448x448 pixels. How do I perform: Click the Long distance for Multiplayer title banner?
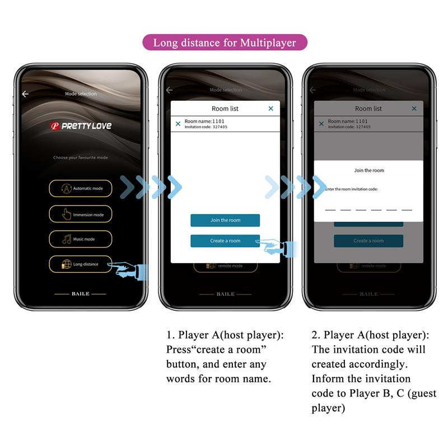pyautogui.click(x=225, y=43)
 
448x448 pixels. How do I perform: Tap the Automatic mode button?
pyautogui.click(x=80, y=189)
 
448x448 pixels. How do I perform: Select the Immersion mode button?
pyautogui.click(x=80, y=214)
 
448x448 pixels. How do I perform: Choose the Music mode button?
pyautogui.click(x=80, y=239)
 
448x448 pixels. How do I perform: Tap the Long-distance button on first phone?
pyautogui.click(x=80, y=264)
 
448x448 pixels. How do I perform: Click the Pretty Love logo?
pyautogui.click(x=81, y=126)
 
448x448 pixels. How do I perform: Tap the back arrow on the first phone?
pyautogui.click(x=25, y=94)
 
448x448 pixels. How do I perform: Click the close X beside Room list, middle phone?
pyautogui.click(x=271, y=109)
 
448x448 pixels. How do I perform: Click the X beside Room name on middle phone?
pyautogui.click(x=178, y=124)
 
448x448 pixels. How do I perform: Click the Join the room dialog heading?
pyautogui.click(x=369, y=170)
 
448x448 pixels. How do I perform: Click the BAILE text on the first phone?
pyautogui.click(x=80, y=293)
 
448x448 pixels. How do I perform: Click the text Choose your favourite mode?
pyautogui.click(x=80, y=158)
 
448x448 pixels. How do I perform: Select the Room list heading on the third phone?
pyautogui.click(x=368, y=109)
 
